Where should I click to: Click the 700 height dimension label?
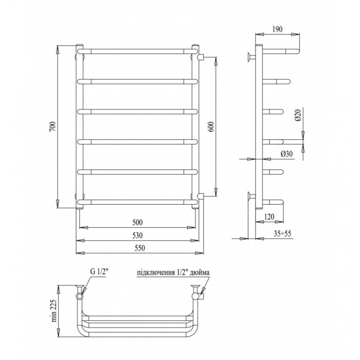click(x=53, y=127)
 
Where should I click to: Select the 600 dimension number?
click(x=211, y=127)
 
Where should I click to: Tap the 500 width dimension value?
click(x=137, y=222)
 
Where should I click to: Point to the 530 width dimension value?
click(x=137, y=236)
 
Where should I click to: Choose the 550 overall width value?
click(x=139, y=248)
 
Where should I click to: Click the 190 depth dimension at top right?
click(x=278, y=29)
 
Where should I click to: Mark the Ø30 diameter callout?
click(x=286, y=154)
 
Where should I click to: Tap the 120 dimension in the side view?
click(x=269, y=217)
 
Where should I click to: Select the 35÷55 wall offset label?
click(x=282, y=233)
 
